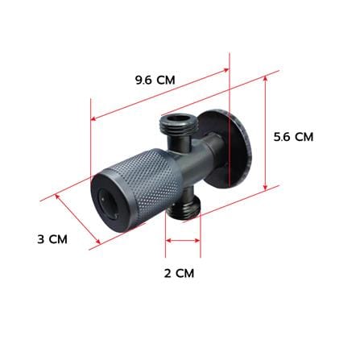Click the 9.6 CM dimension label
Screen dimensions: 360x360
(155, 80)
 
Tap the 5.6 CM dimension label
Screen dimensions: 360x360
(293, 137)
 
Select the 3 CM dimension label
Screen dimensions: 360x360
(52, 239)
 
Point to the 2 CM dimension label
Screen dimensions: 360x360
(179, 274)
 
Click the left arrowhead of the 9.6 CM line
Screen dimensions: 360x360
(93, 118)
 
